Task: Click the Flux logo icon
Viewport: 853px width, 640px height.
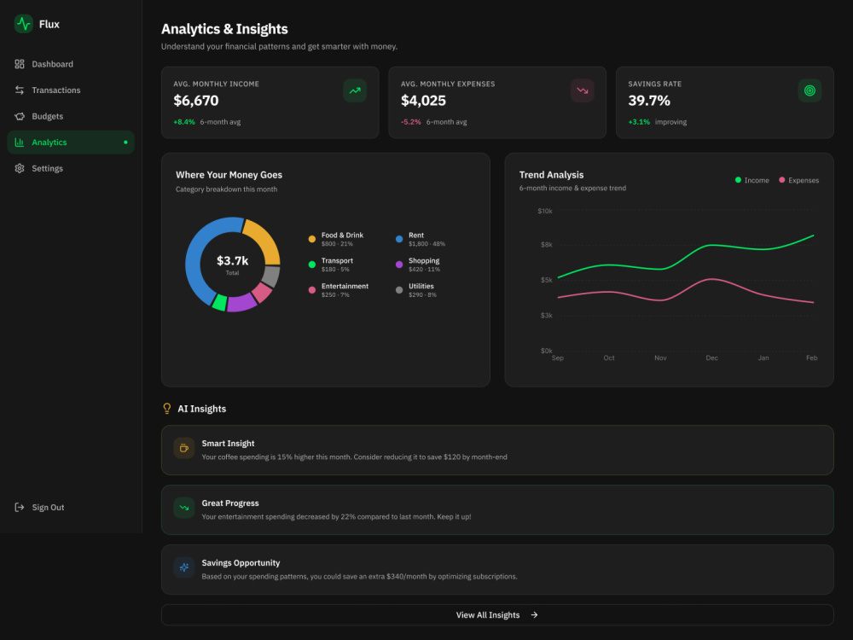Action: tap(23, 24)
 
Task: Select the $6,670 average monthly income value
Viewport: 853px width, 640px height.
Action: tap(196, 101)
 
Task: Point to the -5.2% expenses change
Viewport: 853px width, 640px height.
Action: tap(411, 122)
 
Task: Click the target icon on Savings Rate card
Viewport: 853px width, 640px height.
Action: tap(809, 90)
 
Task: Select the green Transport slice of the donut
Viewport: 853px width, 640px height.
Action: tap(219, 303)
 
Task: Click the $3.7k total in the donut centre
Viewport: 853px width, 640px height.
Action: tap(232, 260)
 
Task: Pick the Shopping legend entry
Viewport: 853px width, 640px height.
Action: tap(418, 265)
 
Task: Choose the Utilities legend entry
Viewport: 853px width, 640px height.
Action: tap(416, 290)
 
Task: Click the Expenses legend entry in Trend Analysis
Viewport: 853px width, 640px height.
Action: tap(798, 180)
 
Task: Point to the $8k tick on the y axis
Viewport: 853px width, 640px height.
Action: tap(546, 245)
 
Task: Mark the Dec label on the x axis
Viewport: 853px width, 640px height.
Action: tap(711, 358)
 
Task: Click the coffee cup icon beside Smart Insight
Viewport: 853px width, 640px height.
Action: tap(184, 448)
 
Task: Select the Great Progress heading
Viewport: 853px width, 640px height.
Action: tap(230, 503)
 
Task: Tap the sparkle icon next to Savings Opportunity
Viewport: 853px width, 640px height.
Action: tap(184, 567)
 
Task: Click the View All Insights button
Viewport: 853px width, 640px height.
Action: tap(497, 615)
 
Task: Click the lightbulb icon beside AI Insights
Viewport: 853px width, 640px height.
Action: tap(167, 409)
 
